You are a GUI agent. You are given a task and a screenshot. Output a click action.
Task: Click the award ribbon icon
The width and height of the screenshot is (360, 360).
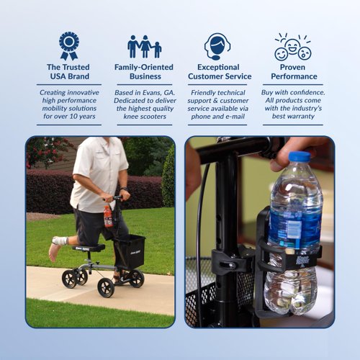click(69, 45)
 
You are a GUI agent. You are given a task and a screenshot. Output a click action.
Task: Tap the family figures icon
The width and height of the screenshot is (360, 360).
click(144, 46)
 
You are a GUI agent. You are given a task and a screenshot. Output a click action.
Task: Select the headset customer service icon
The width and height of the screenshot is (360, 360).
click(217, 46)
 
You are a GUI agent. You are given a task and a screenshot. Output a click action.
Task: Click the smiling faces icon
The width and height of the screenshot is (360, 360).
click(292, 46)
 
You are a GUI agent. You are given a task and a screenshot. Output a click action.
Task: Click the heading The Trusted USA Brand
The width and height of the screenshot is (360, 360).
click(69, 71)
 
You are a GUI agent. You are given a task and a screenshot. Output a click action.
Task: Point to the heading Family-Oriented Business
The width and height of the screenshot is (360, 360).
click(144, 71)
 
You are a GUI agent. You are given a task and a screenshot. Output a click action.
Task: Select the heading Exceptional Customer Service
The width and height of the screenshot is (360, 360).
click(220, 71)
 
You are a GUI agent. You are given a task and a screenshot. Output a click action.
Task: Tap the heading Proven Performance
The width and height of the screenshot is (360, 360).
click(293, 71)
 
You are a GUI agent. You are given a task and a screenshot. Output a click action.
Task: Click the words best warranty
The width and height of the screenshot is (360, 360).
click(293, 116)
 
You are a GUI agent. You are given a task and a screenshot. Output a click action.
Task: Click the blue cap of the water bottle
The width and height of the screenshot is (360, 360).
click(299, 156)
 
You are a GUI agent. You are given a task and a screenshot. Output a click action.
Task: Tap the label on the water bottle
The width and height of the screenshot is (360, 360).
click(294, 229)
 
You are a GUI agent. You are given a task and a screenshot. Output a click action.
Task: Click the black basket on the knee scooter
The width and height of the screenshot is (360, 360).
click(130, 252)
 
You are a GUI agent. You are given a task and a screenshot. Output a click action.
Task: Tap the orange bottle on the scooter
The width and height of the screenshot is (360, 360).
click(108, 216)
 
